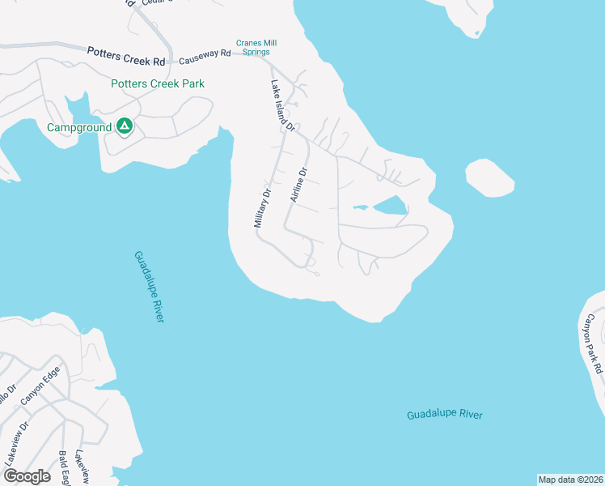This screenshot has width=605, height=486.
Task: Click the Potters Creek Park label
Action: [x=159, y=83]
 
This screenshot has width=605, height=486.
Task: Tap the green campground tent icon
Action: [x=124, y=126]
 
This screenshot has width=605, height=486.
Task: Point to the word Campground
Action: [x=78, y=127]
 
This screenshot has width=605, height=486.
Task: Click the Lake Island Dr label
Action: [x=282, y=105]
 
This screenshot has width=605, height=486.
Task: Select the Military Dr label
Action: [x=262, y=208]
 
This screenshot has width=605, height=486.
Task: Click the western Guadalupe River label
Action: [x=149, y=287]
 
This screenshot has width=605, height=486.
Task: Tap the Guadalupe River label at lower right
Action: [x=444, y=415]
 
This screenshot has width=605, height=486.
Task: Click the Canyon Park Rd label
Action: [x=594, y=343]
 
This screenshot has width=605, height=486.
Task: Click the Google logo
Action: [x=26, y=476]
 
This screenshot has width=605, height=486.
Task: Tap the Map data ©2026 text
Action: [x=570, y=480]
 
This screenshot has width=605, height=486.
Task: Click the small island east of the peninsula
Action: [x=489, y=177]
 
